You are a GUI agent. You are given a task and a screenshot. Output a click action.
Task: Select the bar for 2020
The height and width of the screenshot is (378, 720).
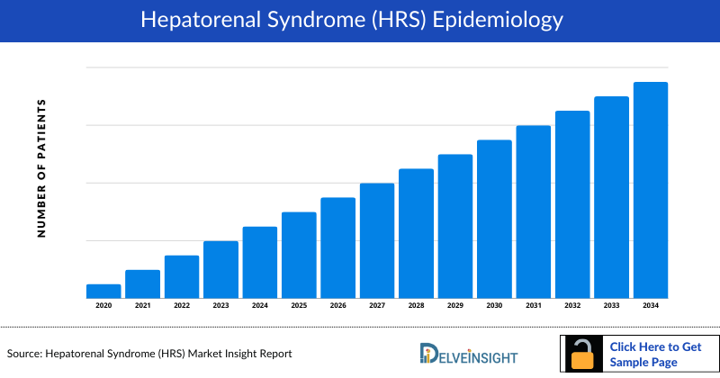[x=103, y=291]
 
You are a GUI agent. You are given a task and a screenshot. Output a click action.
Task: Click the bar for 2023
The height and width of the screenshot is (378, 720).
[x=220, y=269]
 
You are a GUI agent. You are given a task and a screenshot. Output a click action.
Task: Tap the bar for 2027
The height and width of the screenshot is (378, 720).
[x=377, y=240]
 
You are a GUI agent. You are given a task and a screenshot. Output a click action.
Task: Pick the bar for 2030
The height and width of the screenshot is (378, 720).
[x=494, y=219]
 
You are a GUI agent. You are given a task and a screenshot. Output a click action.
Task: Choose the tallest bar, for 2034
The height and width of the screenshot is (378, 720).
[x=651, y=190]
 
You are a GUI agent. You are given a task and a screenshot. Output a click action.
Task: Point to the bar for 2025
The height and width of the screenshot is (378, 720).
[x=299, y=255]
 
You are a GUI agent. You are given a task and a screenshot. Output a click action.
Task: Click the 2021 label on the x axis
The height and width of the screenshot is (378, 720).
[x=142, y=306]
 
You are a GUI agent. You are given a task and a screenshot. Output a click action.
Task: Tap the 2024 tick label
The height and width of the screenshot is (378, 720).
[x=259, y=306]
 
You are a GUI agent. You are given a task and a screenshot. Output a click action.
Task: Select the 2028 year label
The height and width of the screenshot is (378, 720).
[x=416, y=306]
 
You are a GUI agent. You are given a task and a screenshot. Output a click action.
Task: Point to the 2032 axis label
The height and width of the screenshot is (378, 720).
[x=572, y=306]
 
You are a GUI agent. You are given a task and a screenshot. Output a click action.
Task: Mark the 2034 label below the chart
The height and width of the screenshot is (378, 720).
[x=651, y=306]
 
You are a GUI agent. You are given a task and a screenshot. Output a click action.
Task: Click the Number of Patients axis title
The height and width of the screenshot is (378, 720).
[x=41, y=169]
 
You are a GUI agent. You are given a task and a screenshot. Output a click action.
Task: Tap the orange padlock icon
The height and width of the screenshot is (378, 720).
[x=584, y=355]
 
